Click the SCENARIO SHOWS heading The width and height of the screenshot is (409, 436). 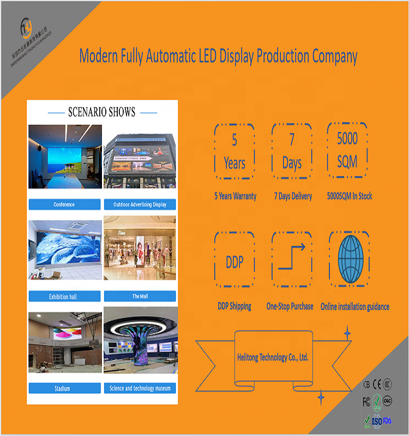(101, 112)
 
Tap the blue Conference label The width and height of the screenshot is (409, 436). (64, 204)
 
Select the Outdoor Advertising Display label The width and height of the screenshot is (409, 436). (140, 204)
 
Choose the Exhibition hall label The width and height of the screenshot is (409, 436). (64, 296)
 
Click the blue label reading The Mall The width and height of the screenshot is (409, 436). (140, 296)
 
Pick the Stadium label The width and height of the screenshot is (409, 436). (64, 389)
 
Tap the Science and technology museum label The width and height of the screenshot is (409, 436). (140, 389)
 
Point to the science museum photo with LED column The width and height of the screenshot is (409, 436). (140, 341)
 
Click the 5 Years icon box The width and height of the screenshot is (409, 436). (234, 151)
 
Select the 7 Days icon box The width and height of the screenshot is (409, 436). (292, 151)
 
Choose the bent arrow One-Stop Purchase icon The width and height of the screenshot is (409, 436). (292, 259)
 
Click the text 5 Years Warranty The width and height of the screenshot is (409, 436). (235, 196)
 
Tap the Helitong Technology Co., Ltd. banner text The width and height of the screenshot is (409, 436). (273, 358)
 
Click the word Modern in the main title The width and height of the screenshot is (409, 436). (100, 56)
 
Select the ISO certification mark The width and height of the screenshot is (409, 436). (376, 421)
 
